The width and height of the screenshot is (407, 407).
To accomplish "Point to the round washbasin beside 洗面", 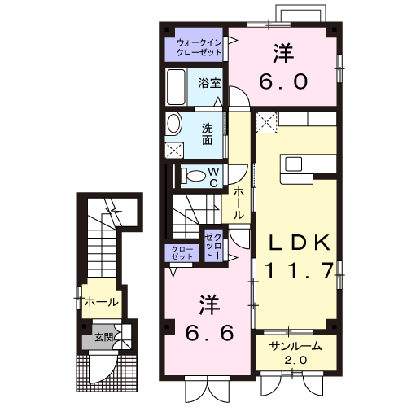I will coord(174,124).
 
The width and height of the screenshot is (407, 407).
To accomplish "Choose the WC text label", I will coord(212,177).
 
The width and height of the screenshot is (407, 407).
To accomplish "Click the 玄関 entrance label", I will coord(103,336).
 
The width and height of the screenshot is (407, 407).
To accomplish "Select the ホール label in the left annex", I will coord(102,303).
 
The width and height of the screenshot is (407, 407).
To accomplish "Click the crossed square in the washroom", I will coord(174,150).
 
